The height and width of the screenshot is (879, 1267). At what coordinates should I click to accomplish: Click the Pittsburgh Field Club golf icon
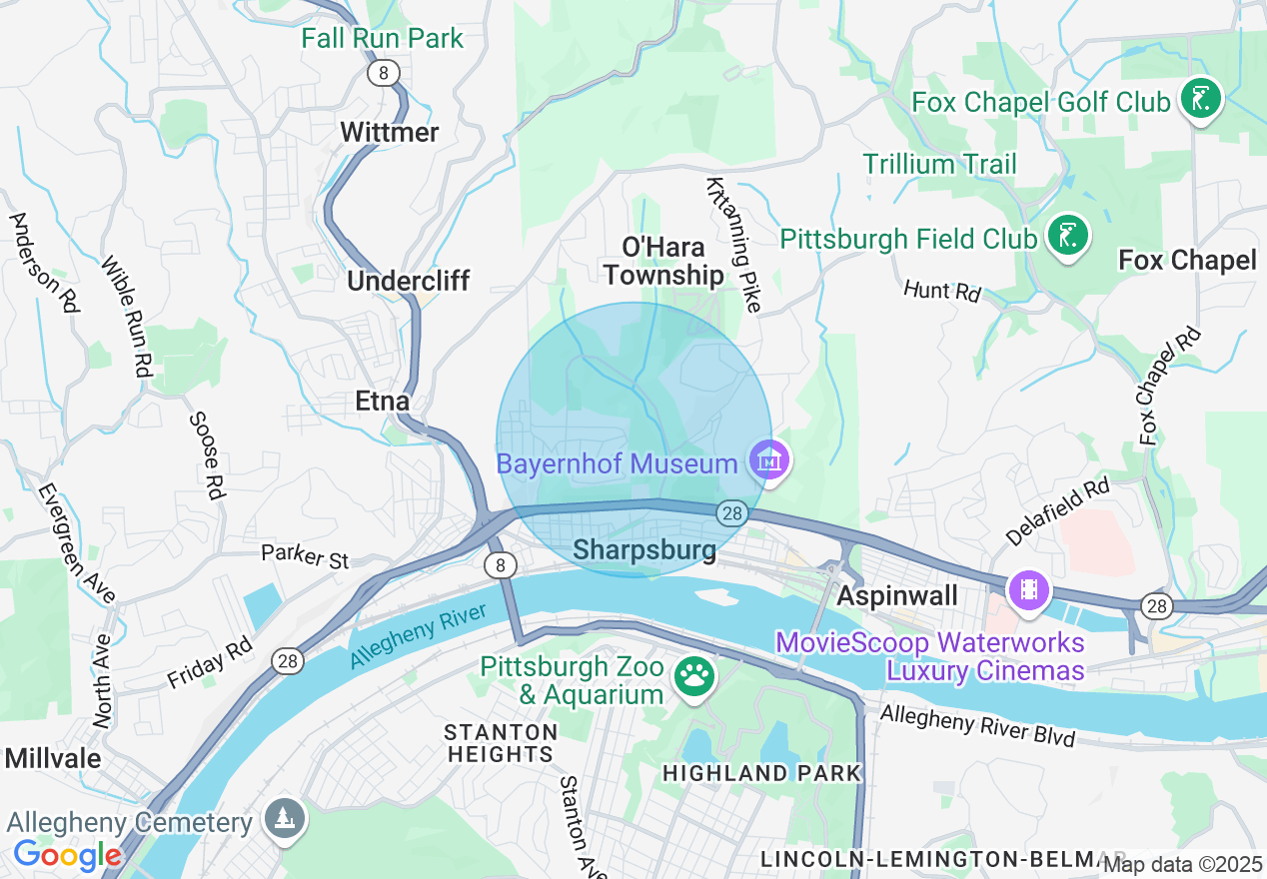point(1068,237)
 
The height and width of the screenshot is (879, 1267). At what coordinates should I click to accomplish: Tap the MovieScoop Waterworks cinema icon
point(1030,590)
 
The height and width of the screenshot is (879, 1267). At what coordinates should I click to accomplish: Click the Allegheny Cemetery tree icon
point(285,820)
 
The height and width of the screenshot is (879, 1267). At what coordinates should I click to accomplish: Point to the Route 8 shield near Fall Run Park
point(383,73)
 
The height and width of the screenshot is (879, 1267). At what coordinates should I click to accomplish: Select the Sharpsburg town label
point(644,550)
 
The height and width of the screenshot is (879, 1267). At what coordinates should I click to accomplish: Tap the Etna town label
point(383,402)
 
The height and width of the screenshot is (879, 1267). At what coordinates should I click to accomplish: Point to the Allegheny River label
point(417,636)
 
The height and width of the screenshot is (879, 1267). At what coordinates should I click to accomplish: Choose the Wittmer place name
point(389,133)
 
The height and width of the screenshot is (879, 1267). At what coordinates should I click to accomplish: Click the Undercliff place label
point(408,281)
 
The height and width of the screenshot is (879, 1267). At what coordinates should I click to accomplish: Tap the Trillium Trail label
point(939,164)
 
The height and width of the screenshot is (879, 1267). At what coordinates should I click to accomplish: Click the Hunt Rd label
point(942,291)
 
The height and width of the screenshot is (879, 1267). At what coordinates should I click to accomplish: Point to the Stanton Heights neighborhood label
point(501,743)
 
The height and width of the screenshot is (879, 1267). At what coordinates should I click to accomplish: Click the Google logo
point(67,855)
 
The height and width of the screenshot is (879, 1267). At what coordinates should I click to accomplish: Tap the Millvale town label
point(53,758)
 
